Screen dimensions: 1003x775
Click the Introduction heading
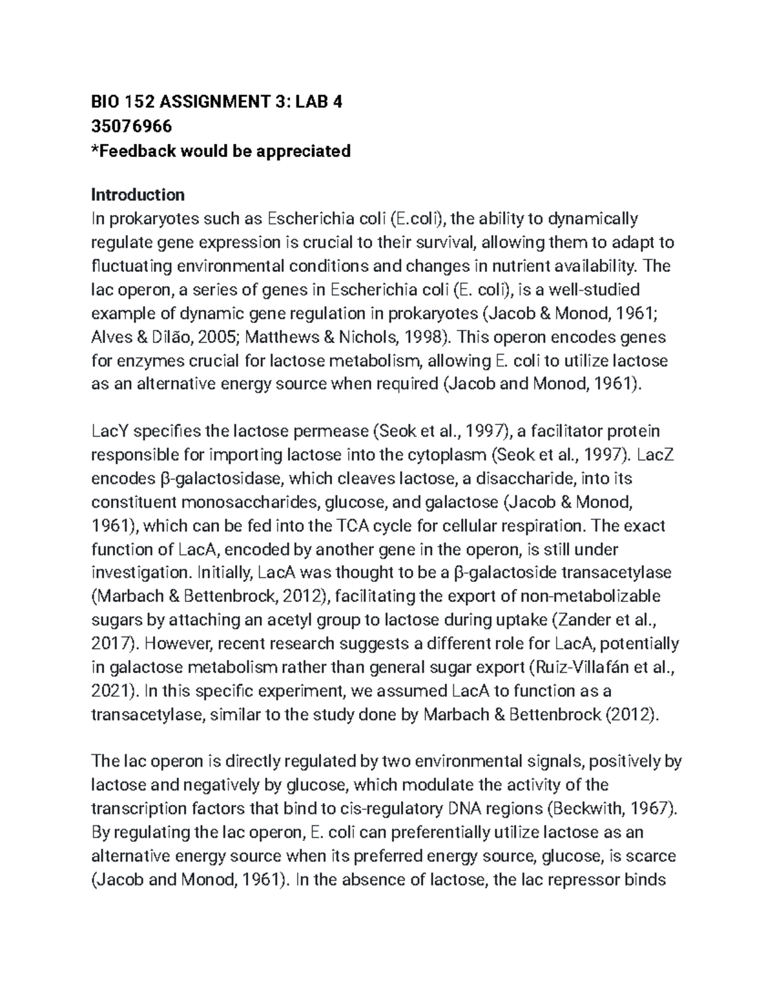coord(138,194)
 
